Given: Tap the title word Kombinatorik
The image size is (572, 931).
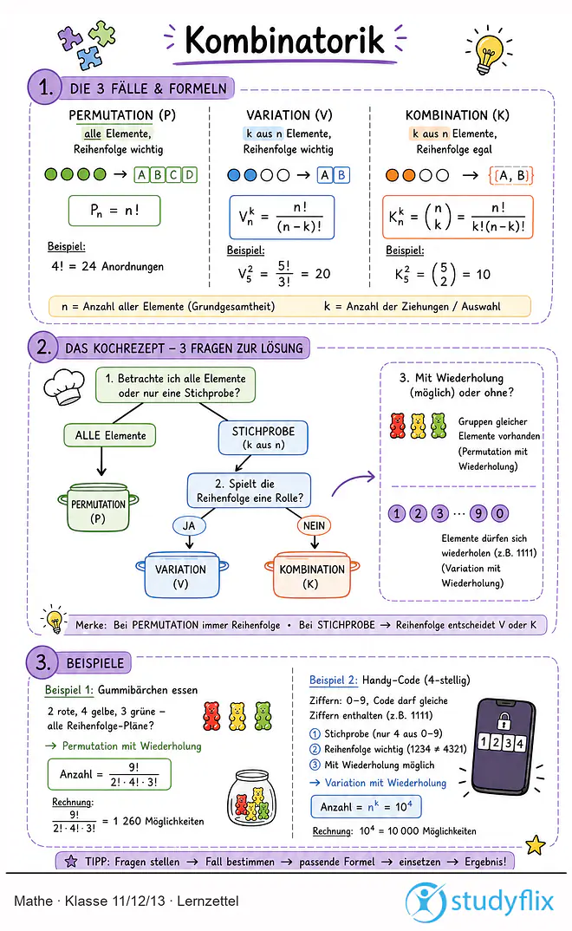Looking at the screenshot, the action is pos(284,41).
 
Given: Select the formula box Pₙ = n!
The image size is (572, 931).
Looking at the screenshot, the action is pos(114,210).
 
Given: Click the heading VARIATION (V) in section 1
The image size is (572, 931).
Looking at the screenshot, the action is pos(289,114).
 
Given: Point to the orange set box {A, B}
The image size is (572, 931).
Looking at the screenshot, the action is pos(510,175).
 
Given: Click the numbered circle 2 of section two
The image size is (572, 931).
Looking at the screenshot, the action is pos(43,346).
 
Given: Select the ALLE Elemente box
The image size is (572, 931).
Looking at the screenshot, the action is pos(110,435).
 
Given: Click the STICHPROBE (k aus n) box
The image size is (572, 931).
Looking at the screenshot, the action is pos(263,438).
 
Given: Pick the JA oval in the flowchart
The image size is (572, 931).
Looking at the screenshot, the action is pos(189,525).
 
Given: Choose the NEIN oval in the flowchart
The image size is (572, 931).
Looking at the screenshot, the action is pos(314,525).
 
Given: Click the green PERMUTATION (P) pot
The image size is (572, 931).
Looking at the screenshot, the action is pos(98,508).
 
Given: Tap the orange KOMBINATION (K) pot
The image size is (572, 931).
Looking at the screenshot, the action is pos(311,575).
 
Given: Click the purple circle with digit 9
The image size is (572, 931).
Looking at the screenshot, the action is pos(478,513).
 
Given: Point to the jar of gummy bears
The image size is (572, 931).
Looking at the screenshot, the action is pos(252,798).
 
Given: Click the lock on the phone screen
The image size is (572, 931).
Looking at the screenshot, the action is pos(504,721).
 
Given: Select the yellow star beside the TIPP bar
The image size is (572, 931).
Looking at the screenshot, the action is pos(536,844).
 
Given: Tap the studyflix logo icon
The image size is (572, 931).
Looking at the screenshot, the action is pos(426,902).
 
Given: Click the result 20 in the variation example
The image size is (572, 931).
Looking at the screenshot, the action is pos(322,274).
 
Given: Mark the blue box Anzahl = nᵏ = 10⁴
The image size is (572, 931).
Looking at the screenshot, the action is pos(366,807).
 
